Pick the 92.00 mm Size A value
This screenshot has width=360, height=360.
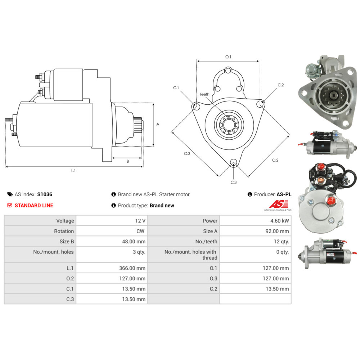pos(277,231)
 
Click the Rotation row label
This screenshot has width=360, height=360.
pos(64,231)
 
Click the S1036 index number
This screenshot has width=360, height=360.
pos(45,194)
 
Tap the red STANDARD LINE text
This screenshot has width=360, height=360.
pos(34,206)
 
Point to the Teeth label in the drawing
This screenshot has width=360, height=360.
pos(204,94)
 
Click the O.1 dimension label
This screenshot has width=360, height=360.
pos(228,57)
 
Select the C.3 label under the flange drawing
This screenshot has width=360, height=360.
pos(234,182)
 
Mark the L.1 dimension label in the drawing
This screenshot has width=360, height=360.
pos(73,171)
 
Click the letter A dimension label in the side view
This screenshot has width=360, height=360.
pos(158,124)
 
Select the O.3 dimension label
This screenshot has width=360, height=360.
pos(187,153)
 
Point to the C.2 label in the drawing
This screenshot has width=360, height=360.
pos(281,85)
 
